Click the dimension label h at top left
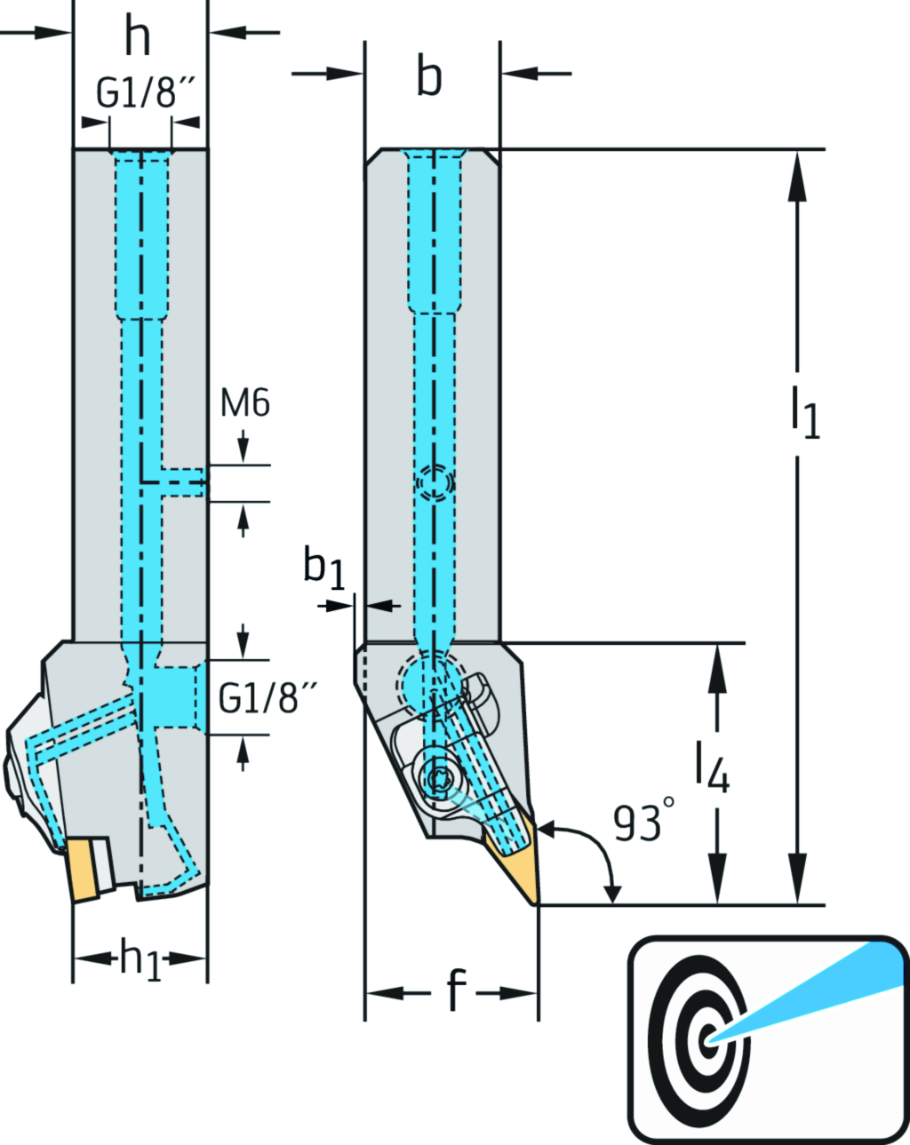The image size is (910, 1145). click(138, 37)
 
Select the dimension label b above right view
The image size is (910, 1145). click(430, 77)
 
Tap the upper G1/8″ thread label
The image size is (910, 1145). click(145, 93)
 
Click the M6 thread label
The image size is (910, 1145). click(244, 403)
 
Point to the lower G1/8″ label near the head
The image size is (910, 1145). click(267, 699)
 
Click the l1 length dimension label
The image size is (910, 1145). click(805, 410)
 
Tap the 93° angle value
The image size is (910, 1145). click(643, 823)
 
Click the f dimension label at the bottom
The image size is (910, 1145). click(455, 990)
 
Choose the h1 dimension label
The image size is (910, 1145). click(140, 959)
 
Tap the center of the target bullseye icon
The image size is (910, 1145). click(708, 1039)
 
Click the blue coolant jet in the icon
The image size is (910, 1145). click(826, 987)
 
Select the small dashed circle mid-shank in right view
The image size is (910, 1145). click(435, 482)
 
